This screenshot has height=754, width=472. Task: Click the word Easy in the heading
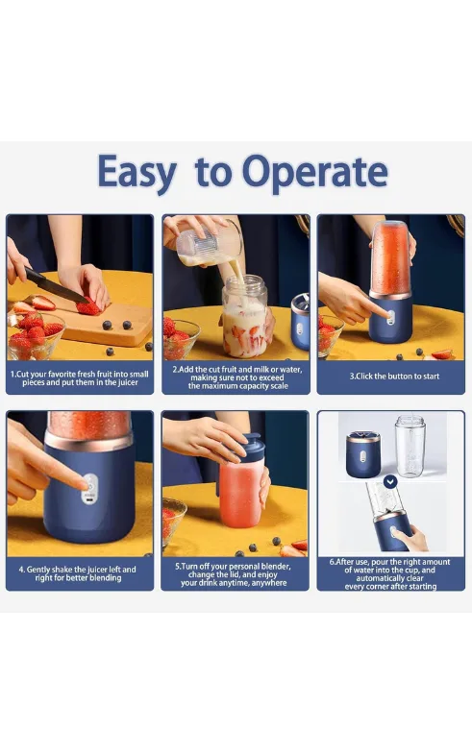(x=137, y=173)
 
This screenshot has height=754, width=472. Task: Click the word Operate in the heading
(x=314, y=173)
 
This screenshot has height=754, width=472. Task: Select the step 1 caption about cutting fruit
(x=80, y=378)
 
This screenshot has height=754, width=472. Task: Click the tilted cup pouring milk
(x=209, y=244)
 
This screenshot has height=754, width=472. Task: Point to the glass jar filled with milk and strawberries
(x=244, y=316)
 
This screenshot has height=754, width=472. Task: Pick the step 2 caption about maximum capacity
(x=237, y=377)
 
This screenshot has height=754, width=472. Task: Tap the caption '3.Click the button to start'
(x=394, y=376)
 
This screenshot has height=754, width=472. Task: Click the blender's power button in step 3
(x=390, y=317)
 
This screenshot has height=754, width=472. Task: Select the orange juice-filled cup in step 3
(x=390, y=257)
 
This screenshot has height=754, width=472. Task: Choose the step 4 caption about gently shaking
(x=78, y=573)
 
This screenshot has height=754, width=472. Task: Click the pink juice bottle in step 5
(x=240, y=494)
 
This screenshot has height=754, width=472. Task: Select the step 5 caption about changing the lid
(x=234, y=574)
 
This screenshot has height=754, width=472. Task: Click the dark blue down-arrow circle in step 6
(x=390, y=481)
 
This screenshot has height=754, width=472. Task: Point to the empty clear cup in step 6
(x=410, y=447)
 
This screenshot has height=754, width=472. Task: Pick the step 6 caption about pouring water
(x=390, y=574)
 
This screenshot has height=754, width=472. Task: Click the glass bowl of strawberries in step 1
(x=35, y=336)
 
